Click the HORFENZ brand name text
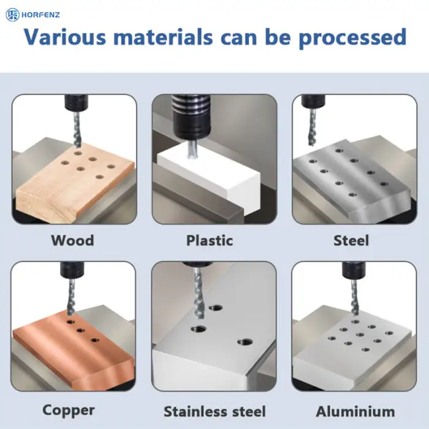(40, 15)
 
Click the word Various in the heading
(65, 37)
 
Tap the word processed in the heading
(352, 38)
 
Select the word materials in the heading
(163, 37)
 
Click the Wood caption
(72, 240)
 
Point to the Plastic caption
(210, 240)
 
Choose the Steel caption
(351, 240)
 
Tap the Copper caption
(69, 411)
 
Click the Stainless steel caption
(214, 411)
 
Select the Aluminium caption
(355, 411)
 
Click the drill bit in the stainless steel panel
(198, 294)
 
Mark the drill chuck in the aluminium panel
(354, 270)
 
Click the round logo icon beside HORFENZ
(13, 15)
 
